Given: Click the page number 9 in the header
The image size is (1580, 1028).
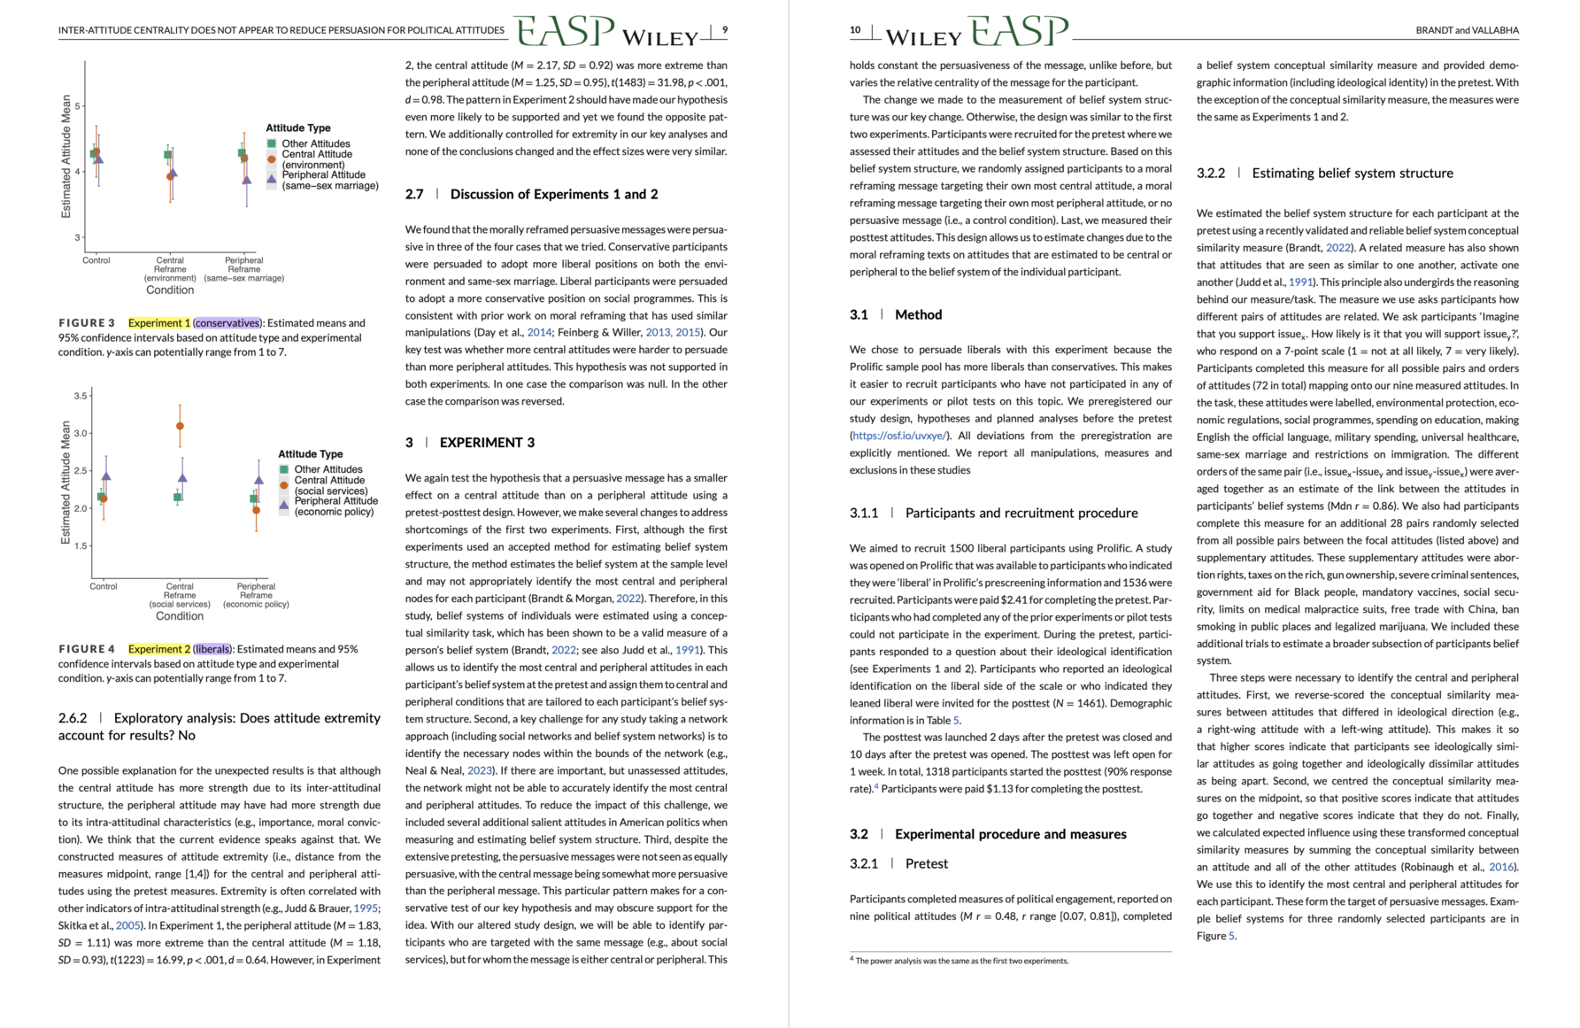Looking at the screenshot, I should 725,30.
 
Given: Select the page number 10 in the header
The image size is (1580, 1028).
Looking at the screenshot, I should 855,30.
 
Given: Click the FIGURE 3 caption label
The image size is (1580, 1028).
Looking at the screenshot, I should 87,323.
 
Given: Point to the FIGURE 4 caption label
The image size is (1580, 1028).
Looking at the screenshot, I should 87,649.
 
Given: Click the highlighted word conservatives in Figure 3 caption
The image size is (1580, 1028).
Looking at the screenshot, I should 227,323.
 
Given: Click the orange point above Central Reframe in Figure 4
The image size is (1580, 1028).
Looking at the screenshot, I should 181,426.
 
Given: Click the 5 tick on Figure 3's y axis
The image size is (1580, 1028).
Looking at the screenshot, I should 78,106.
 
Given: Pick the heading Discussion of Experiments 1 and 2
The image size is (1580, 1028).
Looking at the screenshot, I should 553,194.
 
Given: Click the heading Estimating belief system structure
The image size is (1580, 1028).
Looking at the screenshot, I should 1352,174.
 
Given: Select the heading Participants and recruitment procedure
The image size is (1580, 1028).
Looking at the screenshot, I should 1021,513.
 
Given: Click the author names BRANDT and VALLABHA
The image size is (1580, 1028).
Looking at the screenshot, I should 1467,30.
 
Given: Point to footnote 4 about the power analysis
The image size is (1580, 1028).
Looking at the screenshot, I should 961,961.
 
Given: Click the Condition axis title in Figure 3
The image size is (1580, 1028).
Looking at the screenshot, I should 170,290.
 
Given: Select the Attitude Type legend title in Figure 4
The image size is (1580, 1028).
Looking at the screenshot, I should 310,454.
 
